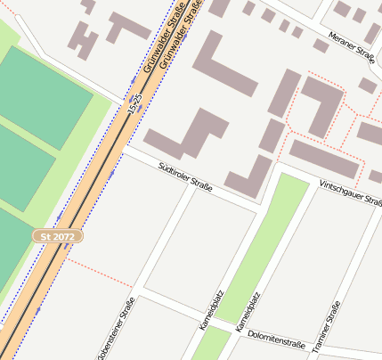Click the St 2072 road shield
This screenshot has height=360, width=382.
click(58, 236)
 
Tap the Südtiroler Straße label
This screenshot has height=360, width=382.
click(184, 176)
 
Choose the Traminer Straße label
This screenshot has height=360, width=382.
click(334, 327)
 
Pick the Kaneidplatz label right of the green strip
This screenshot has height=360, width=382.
click(249, 312)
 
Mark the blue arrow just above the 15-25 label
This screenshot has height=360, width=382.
click(133, 81)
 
